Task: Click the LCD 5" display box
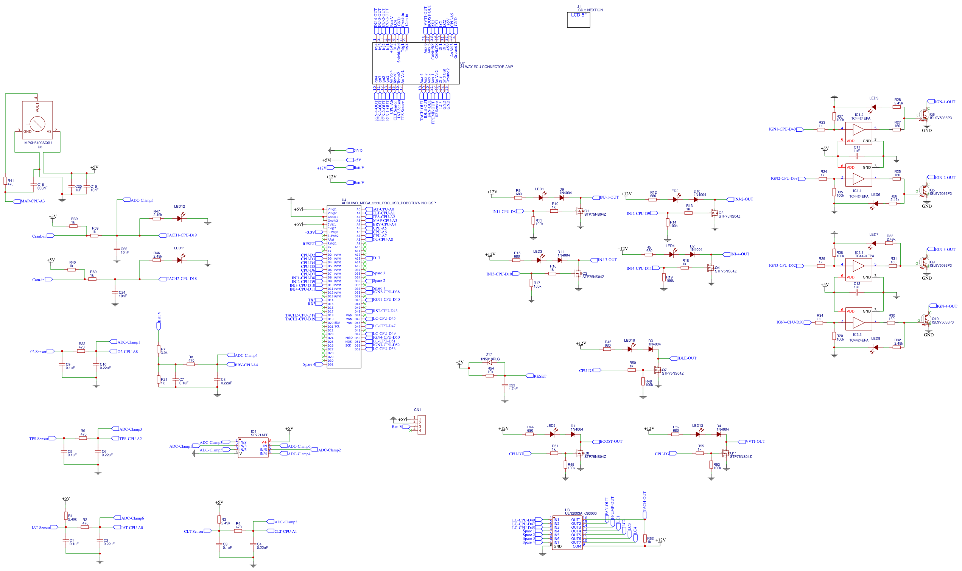coord(578,20)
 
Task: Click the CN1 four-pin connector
coord(421,425)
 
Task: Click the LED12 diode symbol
coord(179,219)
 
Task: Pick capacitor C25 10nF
coord(117,249)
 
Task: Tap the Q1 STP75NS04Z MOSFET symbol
coord(579,211)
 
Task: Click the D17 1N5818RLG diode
coord(490,362)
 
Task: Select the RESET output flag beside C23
coord(536,376)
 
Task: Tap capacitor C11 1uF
coord(856,156)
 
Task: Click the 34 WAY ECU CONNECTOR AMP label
coord(486,67)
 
